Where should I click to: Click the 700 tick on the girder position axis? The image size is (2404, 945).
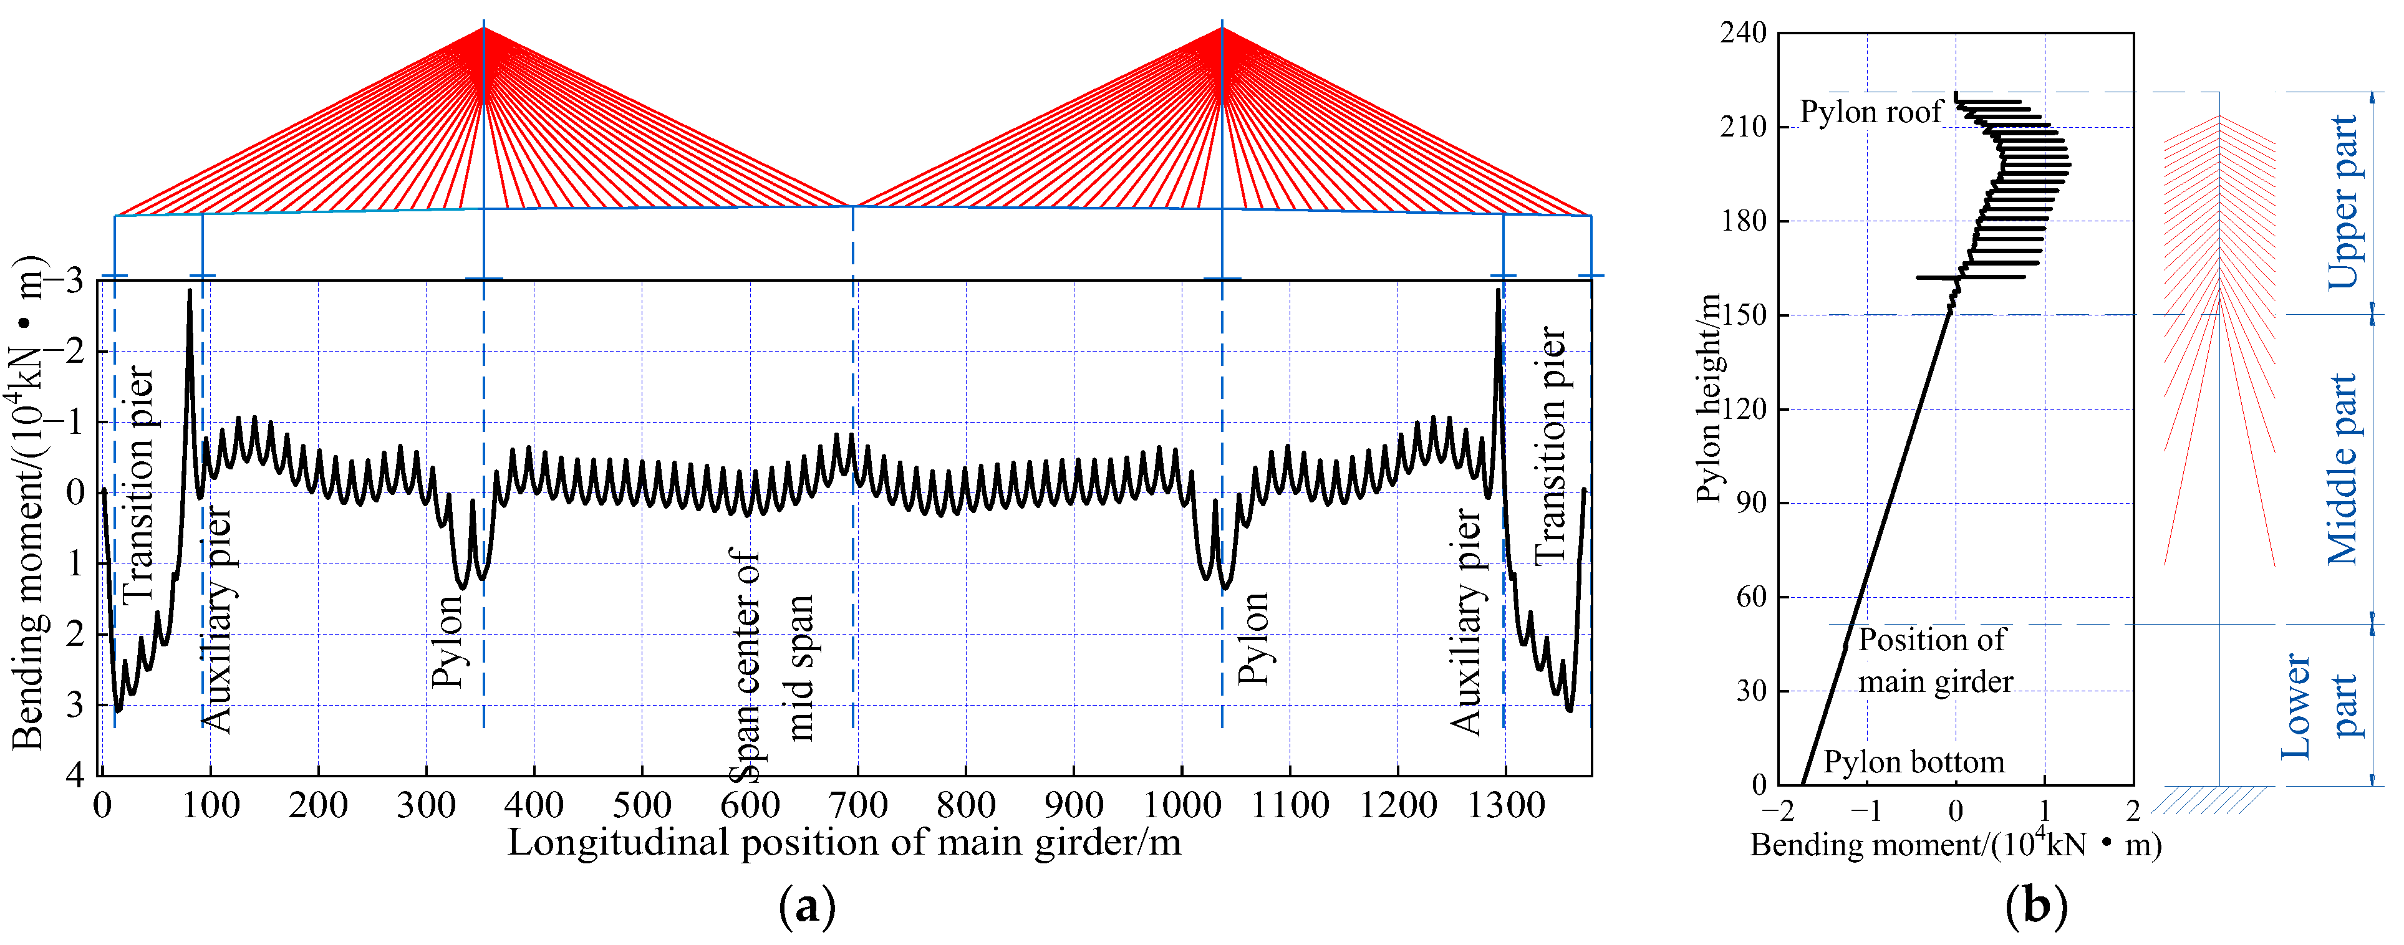point(857,804)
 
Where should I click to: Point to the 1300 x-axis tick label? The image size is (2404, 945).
point(1505,804)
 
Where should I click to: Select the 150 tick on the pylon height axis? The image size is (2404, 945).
point(1743,315)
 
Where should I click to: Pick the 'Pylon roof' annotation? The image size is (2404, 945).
point(1870,112)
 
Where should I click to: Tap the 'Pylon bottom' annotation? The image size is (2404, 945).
point(1913,762)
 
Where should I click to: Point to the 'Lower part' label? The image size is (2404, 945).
point(2320,706)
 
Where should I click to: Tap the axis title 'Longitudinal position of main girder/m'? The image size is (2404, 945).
point(844,842)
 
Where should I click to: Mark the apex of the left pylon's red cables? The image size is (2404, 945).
point(483,28)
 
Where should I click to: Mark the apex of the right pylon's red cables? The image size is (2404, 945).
point(1222,28)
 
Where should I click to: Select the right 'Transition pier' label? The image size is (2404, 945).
point(1550,445)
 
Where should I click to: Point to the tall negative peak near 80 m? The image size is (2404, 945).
point(190,292)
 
